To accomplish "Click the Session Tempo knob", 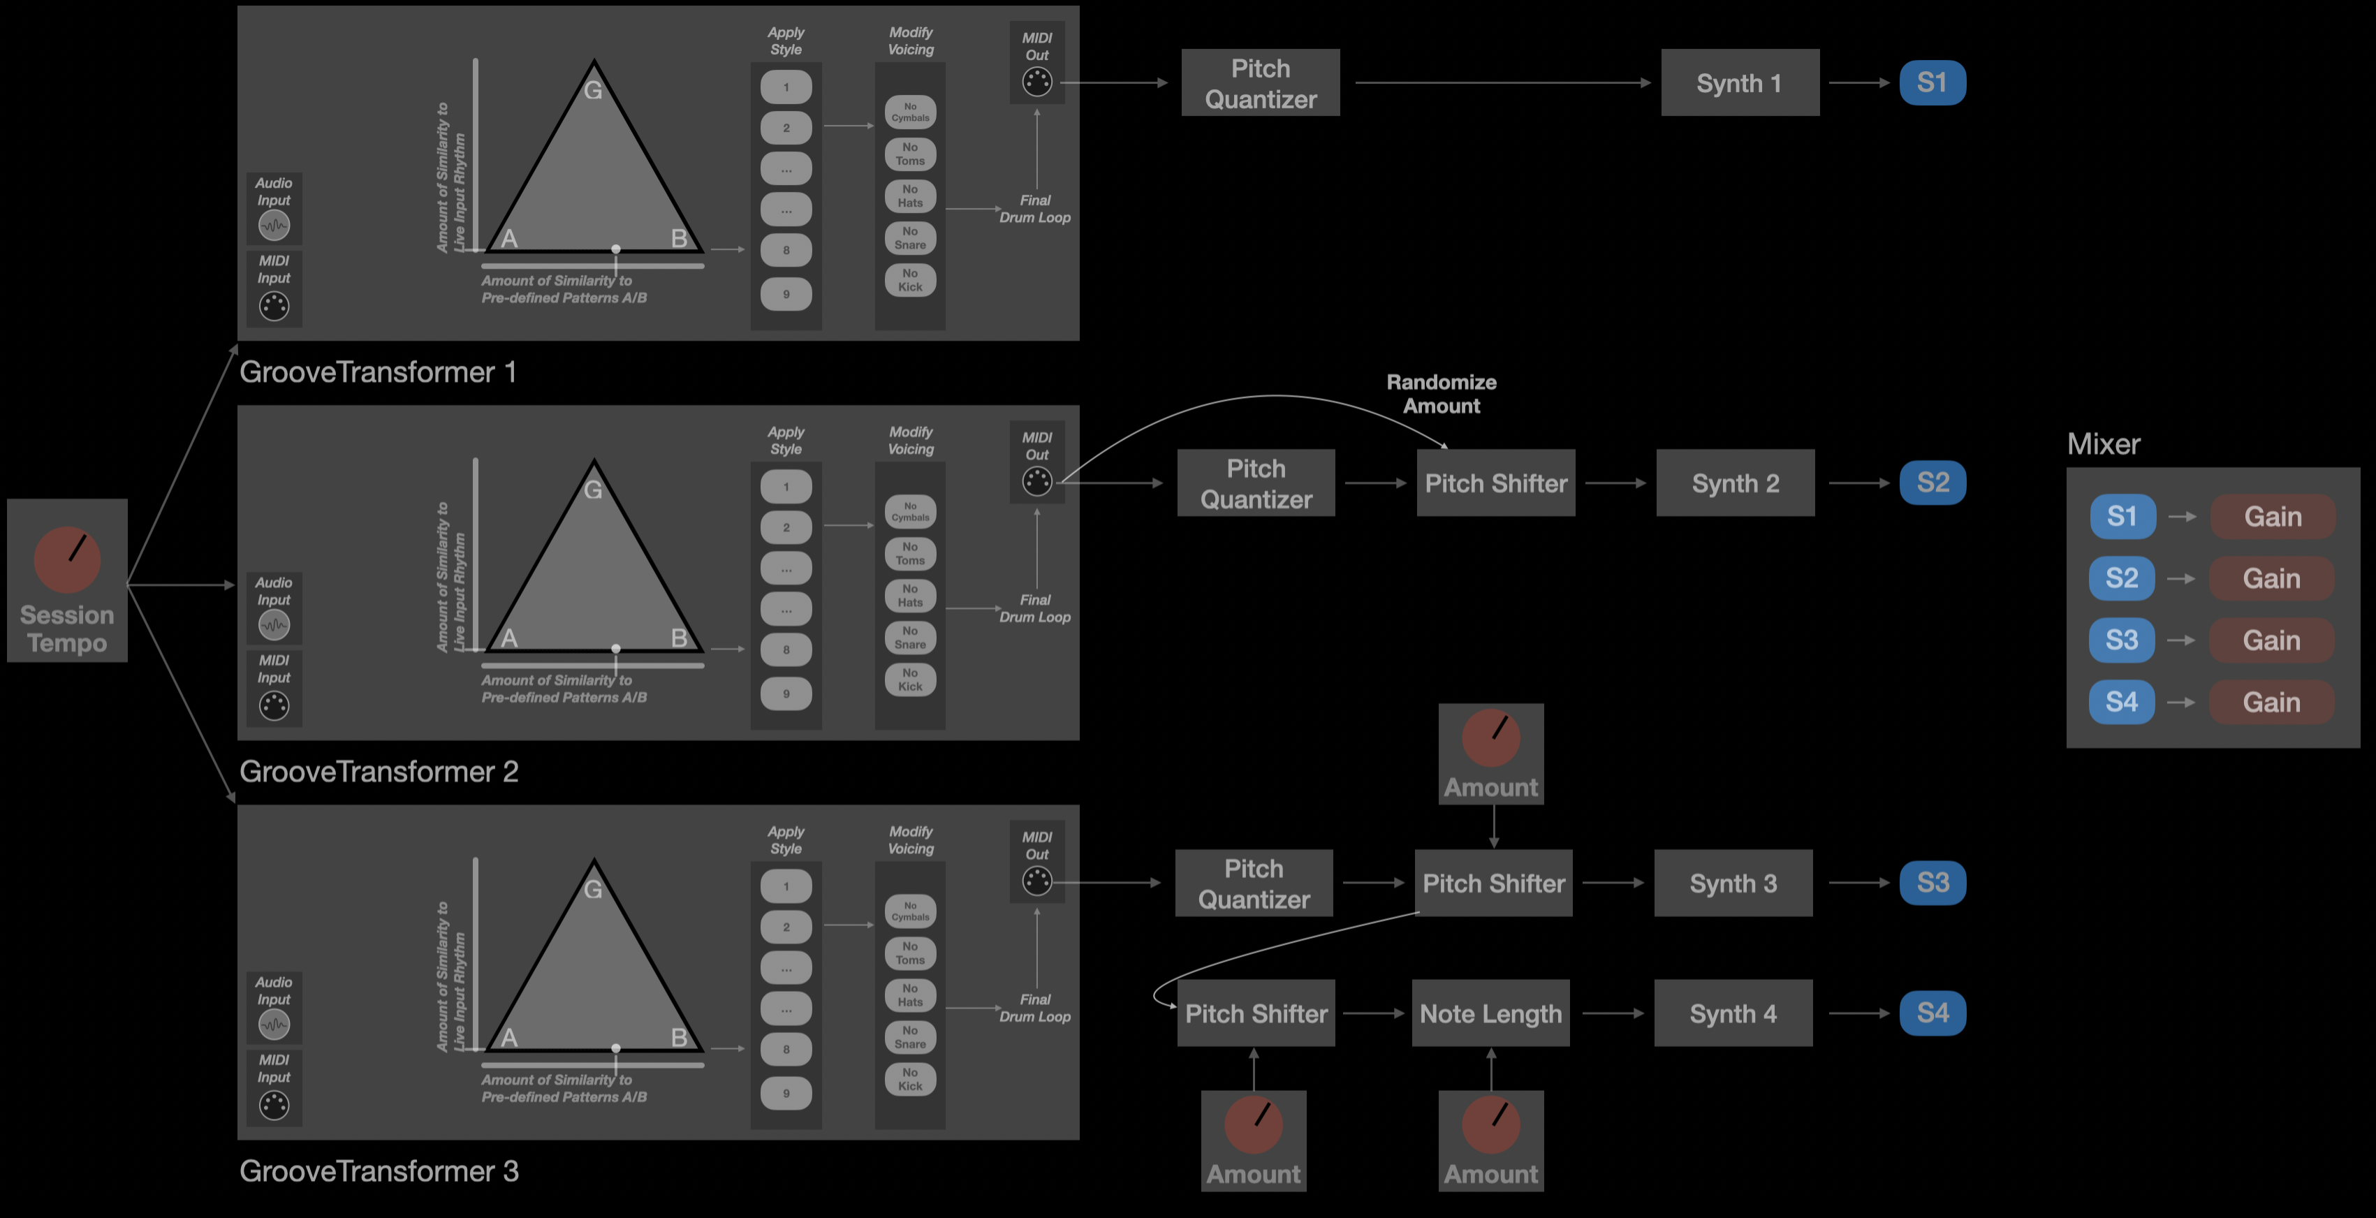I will tap(67, 559).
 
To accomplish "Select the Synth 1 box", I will tap(1740, 83).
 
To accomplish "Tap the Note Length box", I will tap(1490, 1013).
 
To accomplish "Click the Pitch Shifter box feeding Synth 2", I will tap(1495, 483).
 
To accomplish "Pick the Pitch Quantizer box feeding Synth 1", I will tap(1260, 83).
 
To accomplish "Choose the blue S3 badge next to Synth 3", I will tap(1933, 882).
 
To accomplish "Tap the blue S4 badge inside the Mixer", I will tap(2122, 702).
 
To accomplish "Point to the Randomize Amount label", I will tap(1442, 394).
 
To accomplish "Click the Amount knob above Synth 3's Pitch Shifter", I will tap(1490, 738).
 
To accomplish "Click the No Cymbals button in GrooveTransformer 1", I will tap(910, 112).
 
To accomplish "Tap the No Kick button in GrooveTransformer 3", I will tap(910, 1079).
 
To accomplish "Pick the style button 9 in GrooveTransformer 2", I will tap(786, 694).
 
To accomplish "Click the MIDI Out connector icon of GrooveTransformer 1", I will tap(1036, 82).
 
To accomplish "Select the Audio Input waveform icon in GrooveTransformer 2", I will tap(274, 625).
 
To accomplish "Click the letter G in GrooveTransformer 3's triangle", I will tap(593, 889).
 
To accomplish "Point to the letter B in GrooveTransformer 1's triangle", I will tap(679, 238).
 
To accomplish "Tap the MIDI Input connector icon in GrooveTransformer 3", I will tap(274, 1105).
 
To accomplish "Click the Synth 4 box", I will tap(1733, 1013).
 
